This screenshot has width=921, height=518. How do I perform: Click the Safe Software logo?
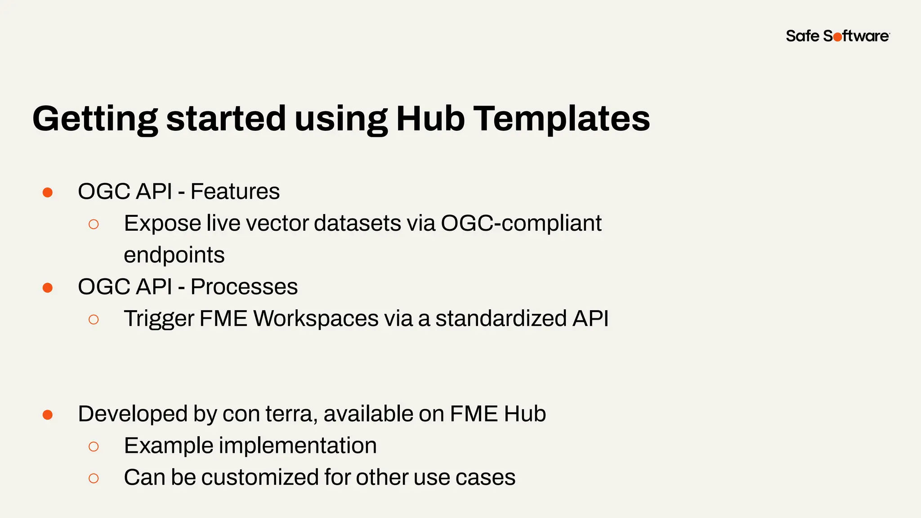point(837,36)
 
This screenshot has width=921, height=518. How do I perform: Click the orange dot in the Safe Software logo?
point(837,37)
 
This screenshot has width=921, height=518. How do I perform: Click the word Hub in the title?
point(430,119)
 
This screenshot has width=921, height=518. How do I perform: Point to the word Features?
point(235,192)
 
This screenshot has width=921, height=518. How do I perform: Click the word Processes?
point(244,287)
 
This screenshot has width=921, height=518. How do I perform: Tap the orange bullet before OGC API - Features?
point(48,193)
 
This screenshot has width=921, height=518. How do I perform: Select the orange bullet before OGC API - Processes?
point(48,288)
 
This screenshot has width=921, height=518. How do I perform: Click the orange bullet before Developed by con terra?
point(48,415)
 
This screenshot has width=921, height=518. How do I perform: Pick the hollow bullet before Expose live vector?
point(94,224)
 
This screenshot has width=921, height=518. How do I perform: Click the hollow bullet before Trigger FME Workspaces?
point(94,320)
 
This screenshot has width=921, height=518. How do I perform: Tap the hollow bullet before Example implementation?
point(94,447)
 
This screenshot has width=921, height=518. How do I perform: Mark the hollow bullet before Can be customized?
point(94,478)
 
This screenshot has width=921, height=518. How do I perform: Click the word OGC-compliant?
point(521,223)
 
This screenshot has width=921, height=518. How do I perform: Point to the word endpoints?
point(174,255)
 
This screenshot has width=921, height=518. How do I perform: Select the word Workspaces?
point(316,319)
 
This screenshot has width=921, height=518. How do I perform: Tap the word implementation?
point(298,446)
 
